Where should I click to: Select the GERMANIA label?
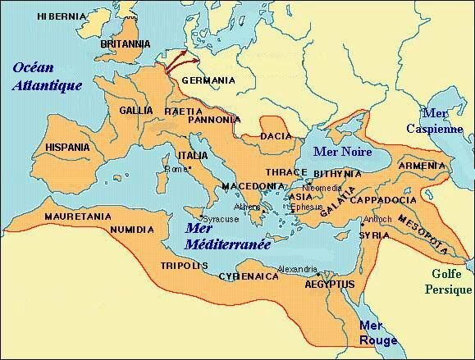(208, 80)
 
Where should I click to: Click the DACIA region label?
(275, 136)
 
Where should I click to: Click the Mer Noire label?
(345, 153)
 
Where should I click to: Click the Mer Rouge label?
(378, 332)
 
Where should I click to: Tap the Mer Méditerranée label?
(217, 235)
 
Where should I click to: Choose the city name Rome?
(176, 170)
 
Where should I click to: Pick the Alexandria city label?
(298, 269)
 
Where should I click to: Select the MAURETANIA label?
(55, 216)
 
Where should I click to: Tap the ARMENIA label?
(422, 166)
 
